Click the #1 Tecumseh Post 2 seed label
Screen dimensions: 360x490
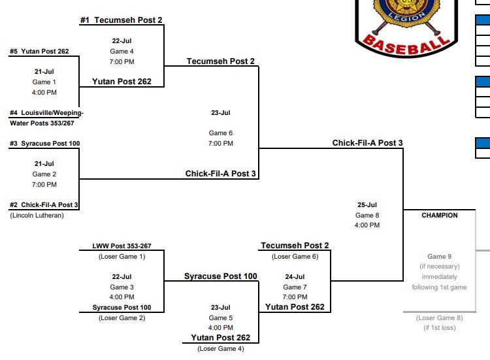[121, 20]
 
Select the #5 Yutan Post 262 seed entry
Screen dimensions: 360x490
[39, 52]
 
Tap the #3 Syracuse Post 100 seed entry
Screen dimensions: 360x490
[44, 144]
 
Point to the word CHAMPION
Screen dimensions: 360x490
[440, 215]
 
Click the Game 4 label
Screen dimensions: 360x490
[122, 51]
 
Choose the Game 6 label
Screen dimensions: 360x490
[221, 133]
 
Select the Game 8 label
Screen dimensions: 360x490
[367, 215]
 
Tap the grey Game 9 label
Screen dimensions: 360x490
[439, 256]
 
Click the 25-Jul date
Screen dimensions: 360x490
[367, 205]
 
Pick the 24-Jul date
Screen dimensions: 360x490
[295, 276]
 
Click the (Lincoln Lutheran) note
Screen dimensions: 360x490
[37, 215]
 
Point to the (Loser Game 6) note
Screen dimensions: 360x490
[295, 256]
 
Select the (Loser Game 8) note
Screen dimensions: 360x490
[439, 318]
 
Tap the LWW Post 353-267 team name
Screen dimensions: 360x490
[122, 246]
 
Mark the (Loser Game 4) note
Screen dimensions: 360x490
[221, 348]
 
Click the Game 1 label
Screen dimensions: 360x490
[44, 82]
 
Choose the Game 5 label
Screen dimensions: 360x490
[221, 318]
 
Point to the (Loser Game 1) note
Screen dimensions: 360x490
[122, 256]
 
